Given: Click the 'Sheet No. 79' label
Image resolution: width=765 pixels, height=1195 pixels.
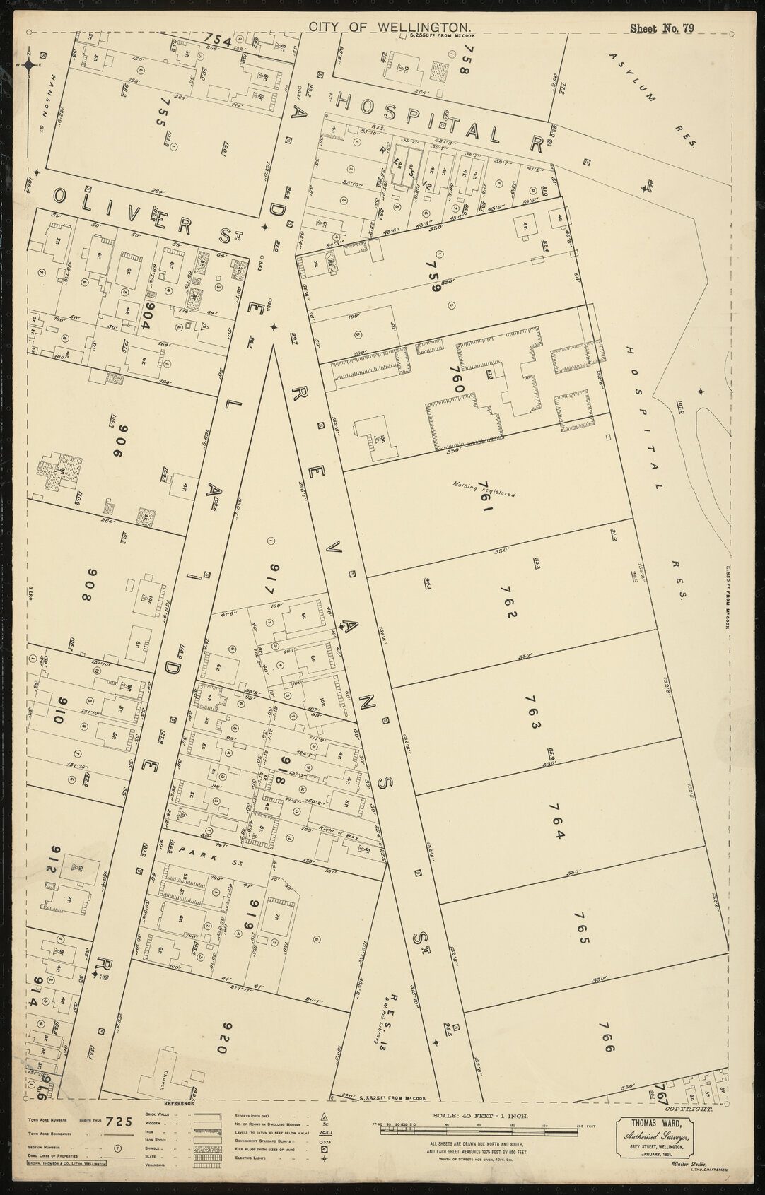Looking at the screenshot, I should [663, 9].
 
